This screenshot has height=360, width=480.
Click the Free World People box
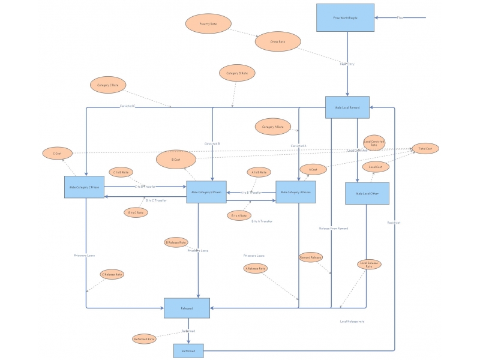coord(345,18)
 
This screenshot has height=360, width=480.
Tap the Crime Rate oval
coord(278,41)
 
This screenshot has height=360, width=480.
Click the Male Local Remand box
coord(347,107)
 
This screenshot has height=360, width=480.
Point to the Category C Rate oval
coord(108,85)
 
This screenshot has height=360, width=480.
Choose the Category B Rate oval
coord(237,73)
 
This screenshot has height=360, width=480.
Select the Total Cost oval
coord(425,148)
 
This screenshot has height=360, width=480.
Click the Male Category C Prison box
coord(85,187)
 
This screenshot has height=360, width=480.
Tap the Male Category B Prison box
coord(206,192)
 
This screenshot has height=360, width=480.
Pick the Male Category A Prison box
coord(296,192)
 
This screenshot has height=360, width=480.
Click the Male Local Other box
coord(367,193)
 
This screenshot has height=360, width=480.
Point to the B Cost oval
coord(176,160)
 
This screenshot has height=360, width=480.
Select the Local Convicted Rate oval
coord(374,143)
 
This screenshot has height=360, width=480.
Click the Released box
coord(187,308)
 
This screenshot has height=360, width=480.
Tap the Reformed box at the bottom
coord(188,350)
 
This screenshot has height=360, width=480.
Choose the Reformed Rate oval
coord(144,339)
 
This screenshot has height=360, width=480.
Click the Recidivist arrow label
coord(394,222)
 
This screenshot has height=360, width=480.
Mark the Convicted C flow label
coord(127,106)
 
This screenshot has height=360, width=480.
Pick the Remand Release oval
coord(311,257)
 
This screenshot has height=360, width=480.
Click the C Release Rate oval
coord(112,274)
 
